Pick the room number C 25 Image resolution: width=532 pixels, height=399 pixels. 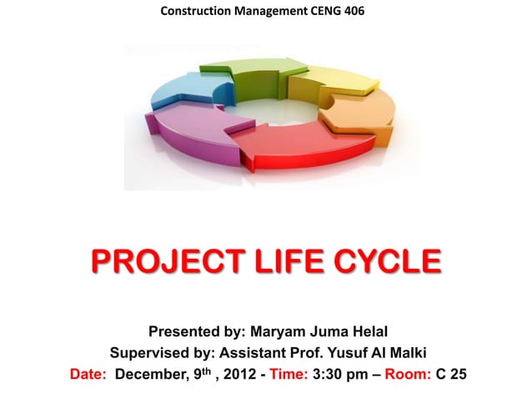point(451,373)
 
